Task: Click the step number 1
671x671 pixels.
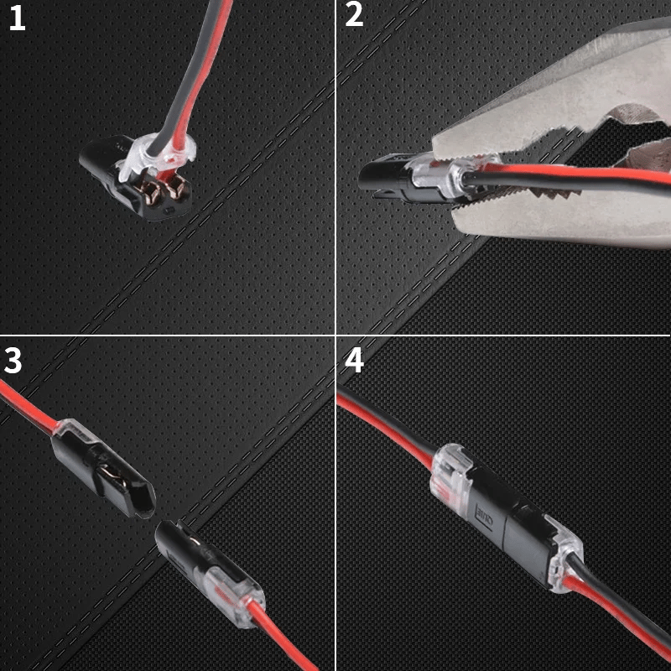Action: [x=17, y=18]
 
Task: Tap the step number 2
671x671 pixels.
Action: [x=354, y=15]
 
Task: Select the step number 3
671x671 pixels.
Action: [x=13, y=360]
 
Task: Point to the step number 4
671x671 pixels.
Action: [x=354, y=360]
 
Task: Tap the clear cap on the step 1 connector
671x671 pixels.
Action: [x=159, y=156]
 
